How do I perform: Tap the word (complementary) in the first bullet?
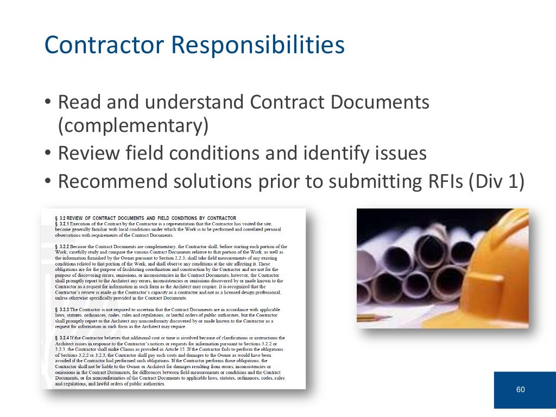point(133,126)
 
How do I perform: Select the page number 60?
point(521,389)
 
